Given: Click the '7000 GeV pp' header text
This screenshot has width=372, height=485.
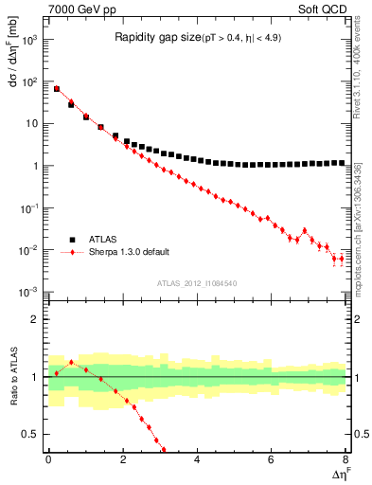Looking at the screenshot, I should click(78, 9).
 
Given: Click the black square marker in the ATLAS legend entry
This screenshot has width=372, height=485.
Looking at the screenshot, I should click(69, 240).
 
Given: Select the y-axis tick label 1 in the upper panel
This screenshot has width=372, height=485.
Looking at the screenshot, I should click(36, 166).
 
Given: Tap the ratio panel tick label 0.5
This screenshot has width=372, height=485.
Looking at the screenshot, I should click(31, 435).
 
